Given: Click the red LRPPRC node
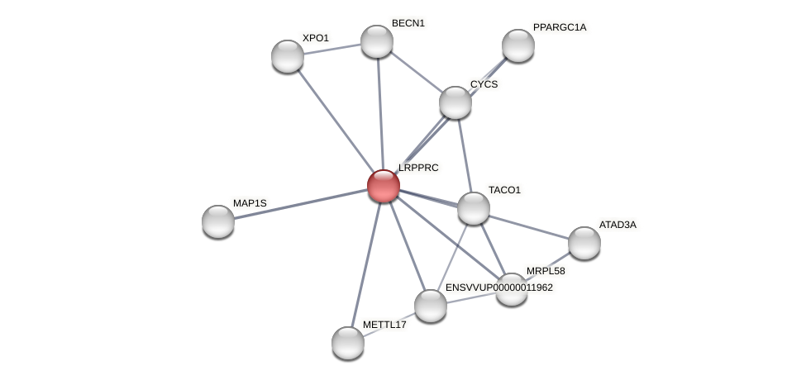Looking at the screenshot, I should [x=384, y=186].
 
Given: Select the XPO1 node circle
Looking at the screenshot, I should [x=288, y=56].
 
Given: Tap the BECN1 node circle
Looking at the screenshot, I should [x=377, y=41].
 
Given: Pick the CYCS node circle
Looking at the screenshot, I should [x=455, y=102].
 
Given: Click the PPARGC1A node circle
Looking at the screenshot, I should [x=518, y=45].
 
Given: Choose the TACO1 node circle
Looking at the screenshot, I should [x=474, y=208].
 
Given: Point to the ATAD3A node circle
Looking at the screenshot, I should [x=584, y=243].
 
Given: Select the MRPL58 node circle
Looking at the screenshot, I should [x=512, y=289].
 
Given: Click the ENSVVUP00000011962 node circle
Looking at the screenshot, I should [x=431, y=306].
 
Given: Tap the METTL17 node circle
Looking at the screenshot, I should [x=348, y=343].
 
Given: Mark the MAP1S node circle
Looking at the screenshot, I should [x=218, y=221].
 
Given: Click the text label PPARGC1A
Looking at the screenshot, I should [x=560, y=27].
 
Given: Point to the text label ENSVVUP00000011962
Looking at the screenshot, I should [x=499, y=287].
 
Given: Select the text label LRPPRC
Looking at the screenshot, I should [x=418, y=168].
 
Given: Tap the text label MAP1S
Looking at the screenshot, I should [x=250, y=203].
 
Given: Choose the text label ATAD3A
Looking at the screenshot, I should [x=618, y=225].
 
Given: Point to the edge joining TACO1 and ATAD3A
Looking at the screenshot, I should [x=529, y=226].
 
